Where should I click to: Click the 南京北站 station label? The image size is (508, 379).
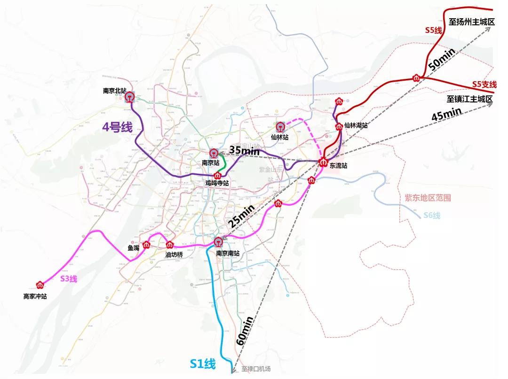pyautogui.click(x=115, y=91)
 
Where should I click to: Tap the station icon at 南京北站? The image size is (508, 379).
pyautogui.click(x=129, y=97)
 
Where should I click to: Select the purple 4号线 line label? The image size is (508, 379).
pyautogui.click(x=118, y=127)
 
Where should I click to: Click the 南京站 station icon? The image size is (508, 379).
pyautogui.click(x=214, y=154)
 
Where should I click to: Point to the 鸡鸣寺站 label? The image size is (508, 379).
pyautogui.click(x=217, y=183)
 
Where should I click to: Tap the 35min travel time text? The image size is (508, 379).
pyautogui.click(x=245, y=151)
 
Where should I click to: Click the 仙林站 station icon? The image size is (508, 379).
pyautogui.click(x=281, y=127)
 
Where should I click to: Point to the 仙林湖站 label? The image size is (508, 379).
pyautogui.click(x=356, y=125)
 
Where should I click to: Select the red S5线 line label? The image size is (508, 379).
pyautogui.click(x=433, y=30)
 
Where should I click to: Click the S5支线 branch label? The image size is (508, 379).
pyautogui.click(x=484, y=85)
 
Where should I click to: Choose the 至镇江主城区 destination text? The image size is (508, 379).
pyautogui.click(x=469, y=99)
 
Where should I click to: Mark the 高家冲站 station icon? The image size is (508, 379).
pyautogui.click(x=40, y=285)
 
